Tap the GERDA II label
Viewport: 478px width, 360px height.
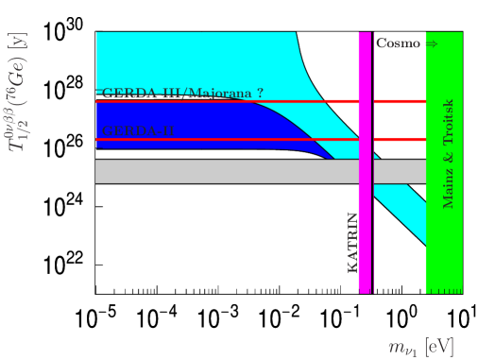click(x=137, y=131)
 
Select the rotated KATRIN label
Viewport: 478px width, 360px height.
click(x=352, y=243)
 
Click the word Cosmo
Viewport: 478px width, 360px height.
click(x=398, y=43)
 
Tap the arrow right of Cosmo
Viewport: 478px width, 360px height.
click(x=431, y=43)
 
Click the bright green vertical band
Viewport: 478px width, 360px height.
click(x=444, y=246)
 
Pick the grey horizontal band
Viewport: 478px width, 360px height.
click(x=227, y=171)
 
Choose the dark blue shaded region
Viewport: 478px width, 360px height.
click(x=189, y=121)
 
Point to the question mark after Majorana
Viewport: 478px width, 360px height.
click(x=260, y=94)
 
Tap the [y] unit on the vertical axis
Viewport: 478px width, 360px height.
click(x=18, y=42)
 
